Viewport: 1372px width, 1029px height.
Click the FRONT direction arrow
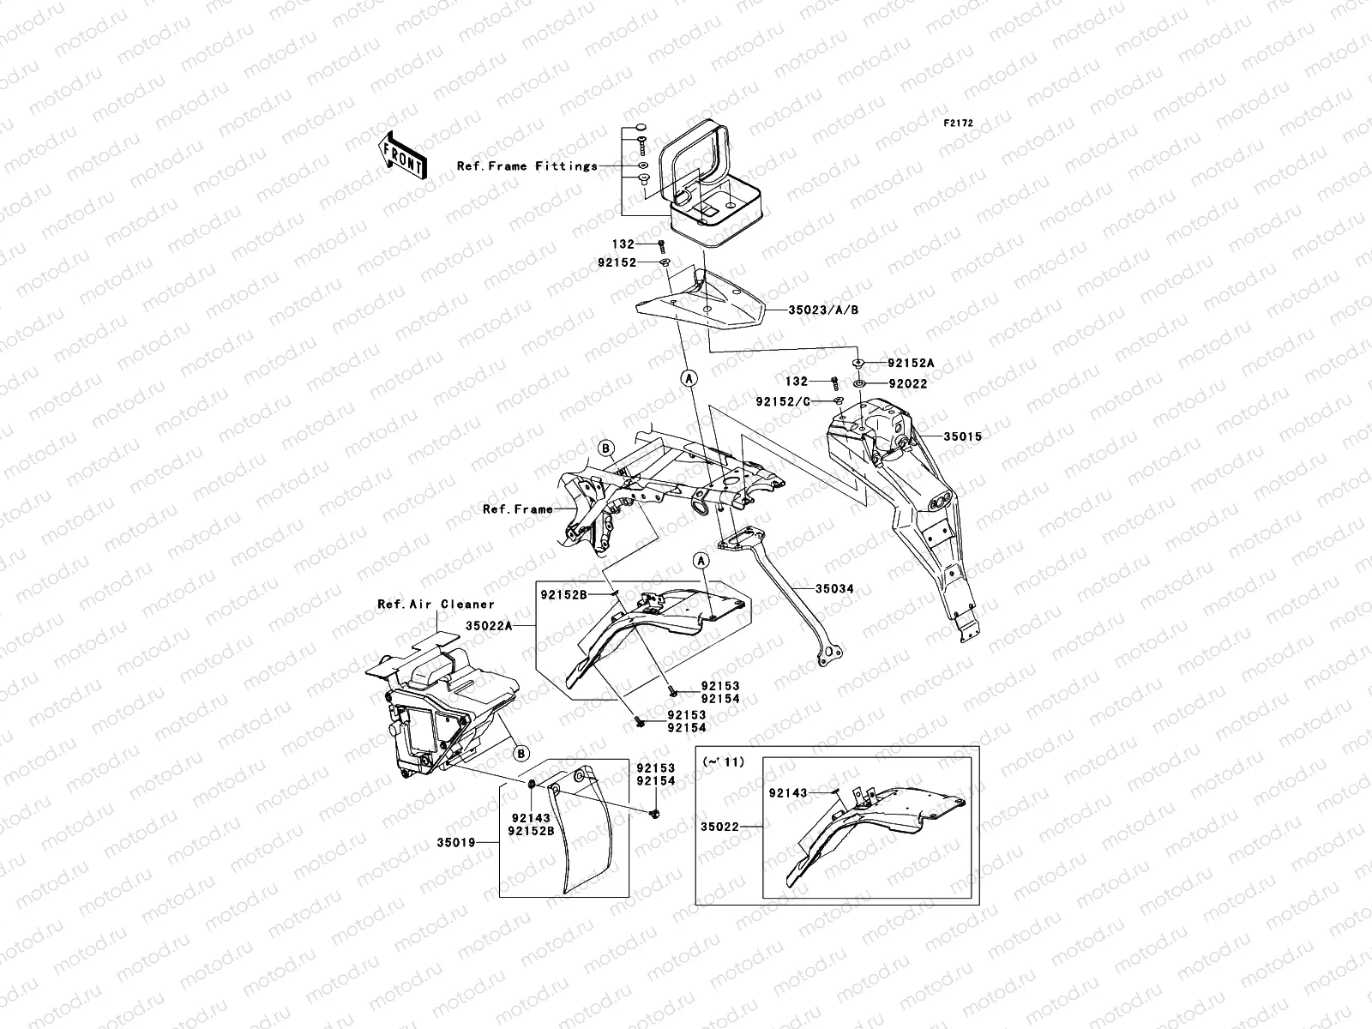pyautogui.click(x=402, y=155)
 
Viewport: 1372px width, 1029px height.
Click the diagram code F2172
pyautogui.click(x=958, y=123)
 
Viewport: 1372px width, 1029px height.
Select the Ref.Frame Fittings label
pyautogui.click(x=527, y=166)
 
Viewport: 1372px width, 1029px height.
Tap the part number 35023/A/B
pyautogui.click(x=823, y=310)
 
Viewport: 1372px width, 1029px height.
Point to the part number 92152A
pyautogui.click(x=911, y=363)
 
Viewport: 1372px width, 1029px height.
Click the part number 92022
pyautogui.click(x=908, y=384)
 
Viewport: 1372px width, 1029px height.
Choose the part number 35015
pyautogui.click(x=963, y=436)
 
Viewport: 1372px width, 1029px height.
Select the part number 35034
pyautogui.click(x=834, y=588)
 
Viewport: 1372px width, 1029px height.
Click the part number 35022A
pyautogui.click(x=489, y=625)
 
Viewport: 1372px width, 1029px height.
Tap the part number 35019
pyautogui.click(x=456, y=842)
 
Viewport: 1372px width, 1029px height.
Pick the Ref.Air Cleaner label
pyautogui.click(x=436, y=605)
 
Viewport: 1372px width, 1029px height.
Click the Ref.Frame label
pyautogui.click(x=518, y=509)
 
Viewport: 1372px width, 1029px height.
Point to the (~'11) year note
pyautogui.click(x=724, y=761)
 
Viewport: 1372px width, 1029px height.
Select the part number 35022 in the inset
pyautogui.click(x=719, y=827)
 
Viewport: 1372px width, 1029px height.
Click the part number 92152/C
pyautogui.click(x=783, y=401)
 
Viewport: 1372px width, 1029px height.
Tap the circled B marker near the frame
pyautogui.click(x=605, y=448)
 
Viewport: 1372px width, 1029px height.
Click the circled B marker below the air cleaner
pyautogui.click(x=521, y=754)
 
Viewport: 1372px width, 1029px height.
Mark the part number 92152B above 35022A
pyautogui.click(x=563, y=595)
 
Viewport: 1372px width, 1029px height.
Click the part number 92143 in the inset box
pyautogui.click(x=788, y=793)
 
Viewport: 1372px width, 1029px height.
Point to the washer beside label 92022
pyautogui.click(x=859, y=383)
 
